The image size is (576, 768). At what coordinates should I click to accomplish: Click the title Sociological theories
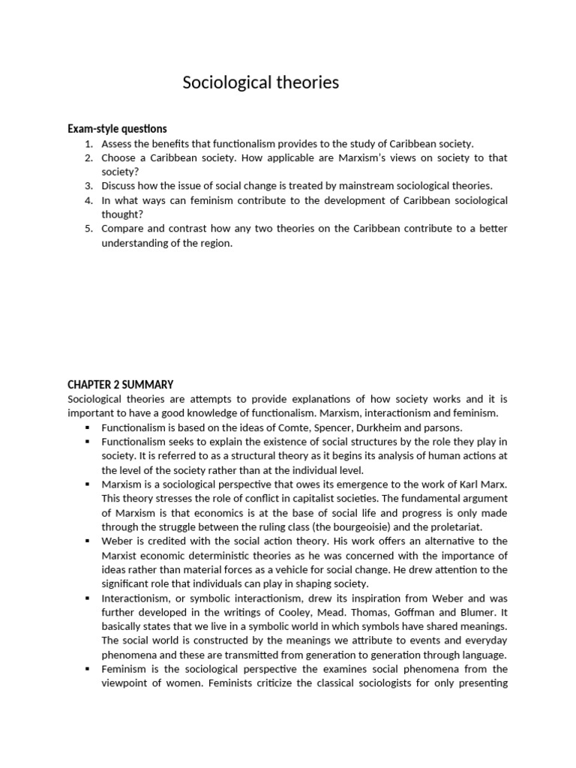[260, 82]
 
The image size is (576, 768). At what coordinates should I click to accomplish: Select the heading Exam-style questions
[117, 129]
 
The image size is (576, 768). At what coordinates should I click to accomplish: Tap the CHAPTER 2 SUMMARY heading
[120, 385]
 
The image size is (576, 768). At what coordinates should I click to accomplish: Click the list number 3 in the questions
[88, 186]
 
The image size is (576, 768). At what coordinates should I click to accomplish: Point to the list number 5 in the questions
[88, 229]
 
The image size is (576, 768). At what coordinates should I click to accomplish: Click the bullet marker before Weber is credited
[88, 541]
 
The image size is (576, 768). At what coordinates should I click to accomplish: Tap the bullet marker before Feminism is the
[88, 670]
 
